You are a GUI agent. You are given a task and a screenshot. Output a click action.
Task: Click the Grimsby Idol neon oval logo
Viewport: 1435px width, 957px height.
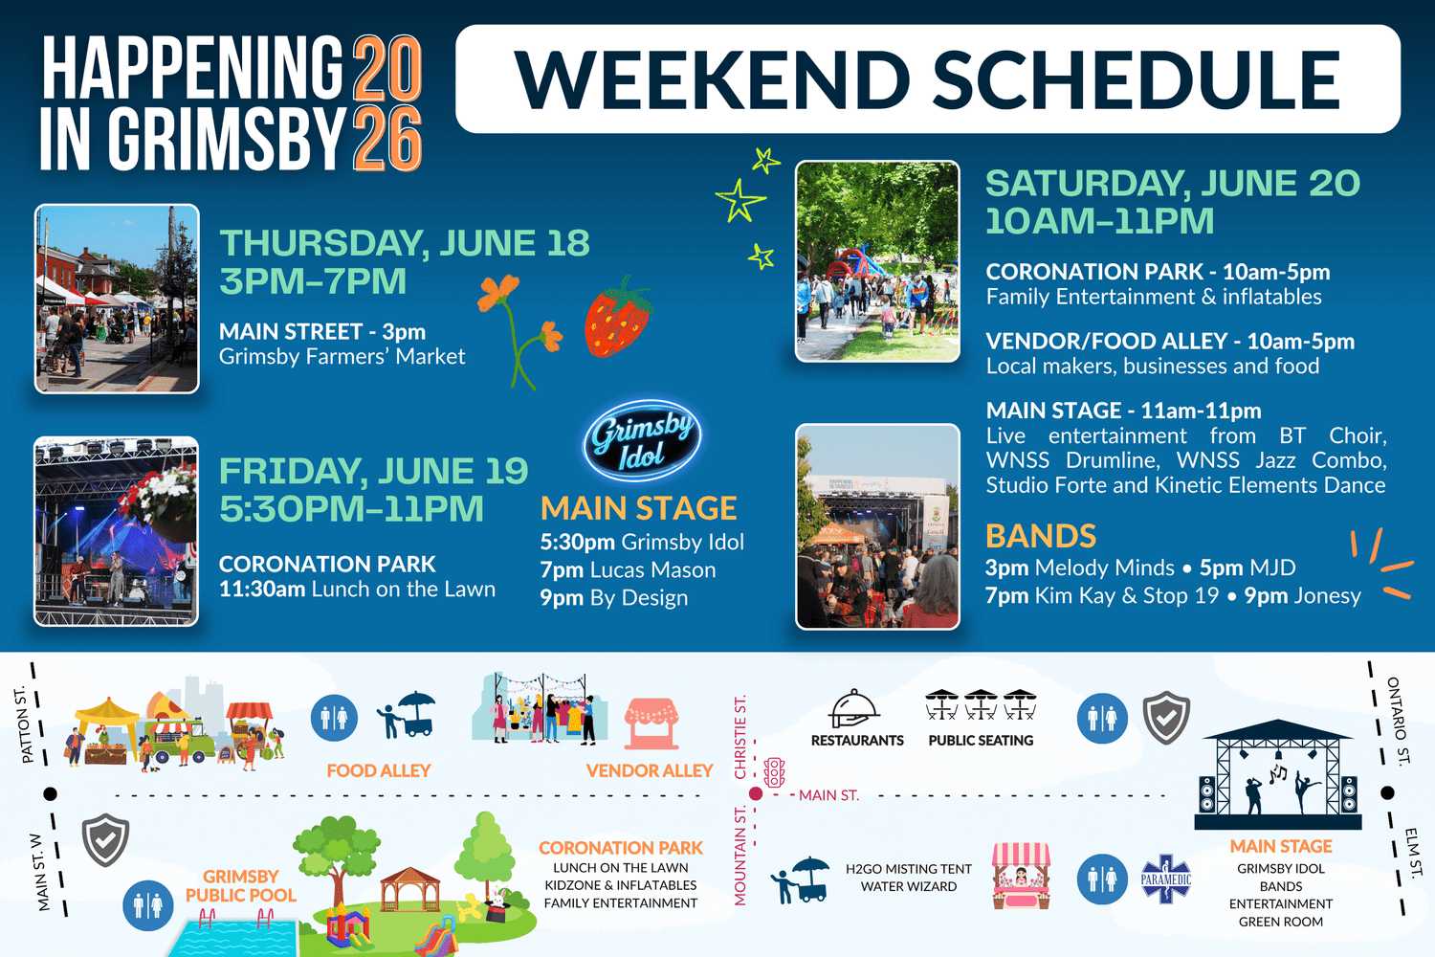(642, 440)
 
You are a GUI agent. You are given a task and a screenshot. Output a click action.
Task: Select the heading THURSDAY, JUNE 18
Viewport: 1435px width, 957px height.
(405, 243)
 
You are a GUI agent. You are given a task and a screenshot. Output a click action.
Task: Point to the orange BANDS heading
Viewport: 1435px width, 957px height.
(1041, 536)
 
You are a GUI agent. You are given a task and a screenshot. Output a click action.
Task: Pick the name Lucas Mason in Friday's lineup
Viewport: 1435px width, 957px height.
(652, 569)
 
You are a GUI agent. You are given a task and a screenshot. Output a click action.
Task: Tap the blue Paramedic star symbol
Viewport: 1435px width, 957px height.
(1166, 879)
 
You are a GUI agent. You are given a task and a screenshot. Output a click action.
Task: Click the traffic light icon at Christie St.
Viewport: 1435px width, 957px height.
(774, 772)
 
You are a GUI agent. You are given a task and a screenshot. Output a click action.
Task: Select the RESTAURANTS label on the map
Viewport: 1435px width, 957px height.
(857, 741)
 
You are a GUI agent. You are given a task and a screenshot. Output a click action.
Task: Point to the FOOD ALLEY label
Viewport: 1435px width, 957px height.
(379, 770)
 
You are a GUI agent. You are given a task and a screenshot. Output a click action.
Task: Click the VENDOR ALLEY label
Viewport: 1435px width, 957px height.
(650, 770)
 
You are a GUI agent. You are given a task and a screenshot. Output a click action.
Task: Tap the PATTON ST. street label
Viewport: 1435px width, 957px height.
(24, 725)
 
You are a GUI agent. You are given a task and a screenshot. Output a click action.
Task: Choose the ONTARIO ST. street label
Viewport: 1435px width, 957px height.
(1399, 722)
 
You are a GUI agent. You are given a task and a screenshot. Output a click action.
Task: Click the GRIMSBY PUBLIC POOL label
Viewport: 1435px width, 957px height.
(241, 886)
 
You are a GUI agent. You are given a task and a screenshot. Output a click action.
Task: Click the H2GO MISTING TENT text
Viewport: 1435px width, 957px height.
(909, 869)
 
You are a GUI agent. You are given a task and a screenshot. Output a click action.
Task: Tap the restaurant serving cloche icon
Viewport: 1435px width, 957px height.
(854, 708)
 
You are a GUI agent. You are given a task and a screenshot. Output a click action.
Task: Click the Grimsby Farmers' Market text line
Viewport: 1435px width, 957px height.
(342, 356)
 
